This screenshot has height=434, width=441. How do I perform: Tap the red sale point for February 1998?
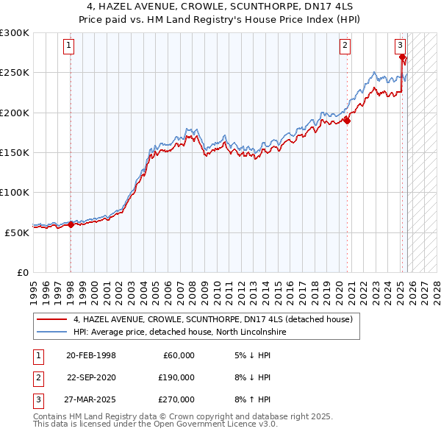pos(71,224)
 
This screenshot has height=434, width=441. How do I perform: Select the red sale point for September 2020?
pos(347,121)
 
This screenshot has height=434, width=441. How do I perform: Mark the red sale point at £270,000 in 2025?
pos(403,57)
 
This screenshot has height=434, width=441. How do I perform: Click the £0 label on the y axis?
pos(22,272)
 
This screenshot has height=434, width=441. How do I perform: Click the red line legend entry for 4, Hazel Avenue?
pos(213,319)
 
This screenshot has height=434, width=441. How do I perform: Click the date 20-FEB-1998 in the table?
pos(91,355)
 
